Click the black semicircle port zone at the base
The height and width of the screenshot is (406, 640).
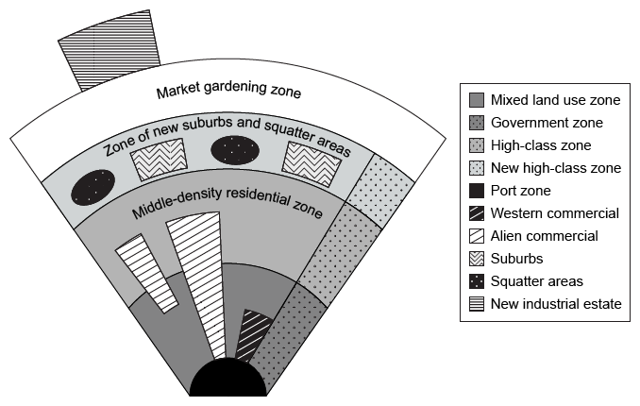(227, 381)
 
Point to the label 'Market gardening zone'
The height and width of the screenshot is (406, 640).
(228, 92)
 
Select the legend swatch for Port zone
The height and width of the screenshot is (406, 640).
(477, 191)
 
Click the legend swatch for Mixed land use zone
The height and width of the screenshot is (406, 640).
(477, 100)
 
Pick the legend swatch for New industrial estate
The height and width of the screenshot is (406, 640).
(477, 304)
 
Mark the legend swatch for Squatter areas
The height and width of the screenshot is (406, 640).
(477, 281)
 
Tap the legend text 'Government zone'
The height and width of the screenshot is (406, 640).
(547, 123)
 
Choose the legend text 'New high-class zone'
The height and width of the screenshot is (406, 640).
(556, 168)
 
